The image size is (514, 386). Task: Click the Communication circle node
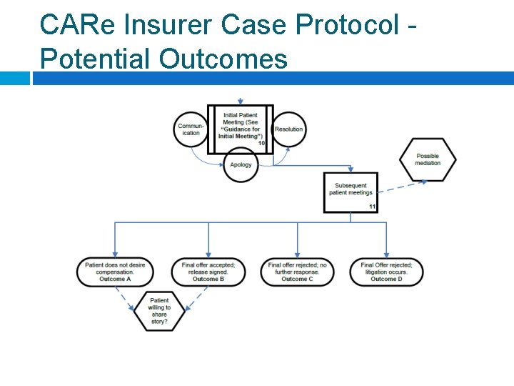click(x=191, y=129)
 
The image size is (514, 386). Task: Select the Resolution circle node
click(x=289, y=129)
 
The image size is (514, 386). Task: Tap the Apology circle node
click(x=241, y=164)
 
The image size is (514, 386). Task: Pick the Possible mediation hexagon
click(x=428, y=159)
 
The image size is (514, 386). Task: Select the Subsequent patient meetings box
click(x=351, y=192)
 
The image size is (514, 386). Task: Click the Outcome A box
click(x=115, y=272)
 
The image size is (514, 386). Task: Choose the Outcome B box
click(x=208, y=272)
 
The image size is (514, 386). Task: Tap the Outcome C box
click(x=297, y=272)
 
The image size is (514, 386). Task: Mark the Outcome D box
click(x=386, y=272)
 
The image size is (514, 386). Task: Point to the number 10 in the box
click(x=261, y=144)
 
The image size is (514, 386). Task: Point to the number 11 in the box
click(x=372, y=207)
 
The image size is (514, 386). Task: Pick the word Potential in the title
click(x=97, y=58)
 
